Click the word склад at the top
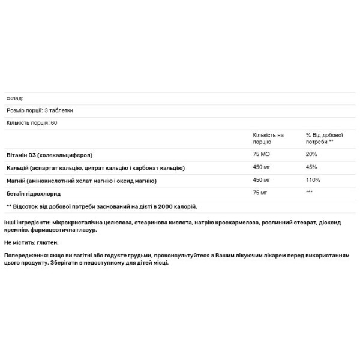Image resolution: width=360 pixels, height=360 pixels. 14,98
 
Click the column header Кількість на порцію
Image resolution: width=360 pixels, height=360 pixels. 268,139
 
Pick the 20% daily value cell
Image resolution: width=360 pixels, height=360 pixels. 311,154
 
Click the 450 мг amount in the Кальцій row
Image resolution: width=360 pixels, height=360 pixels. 262,167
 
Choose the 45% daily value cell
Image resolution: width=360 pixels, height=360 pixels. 311,167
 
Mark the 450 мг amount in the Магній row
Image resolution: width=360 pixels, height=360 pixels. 262,181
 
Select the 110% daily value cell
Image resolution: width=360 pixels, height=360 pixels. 313,181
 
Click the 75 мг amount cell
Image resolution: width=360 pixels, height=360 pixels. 260,194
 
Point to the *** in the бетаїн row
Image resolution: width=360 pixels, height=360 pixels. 310,193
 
